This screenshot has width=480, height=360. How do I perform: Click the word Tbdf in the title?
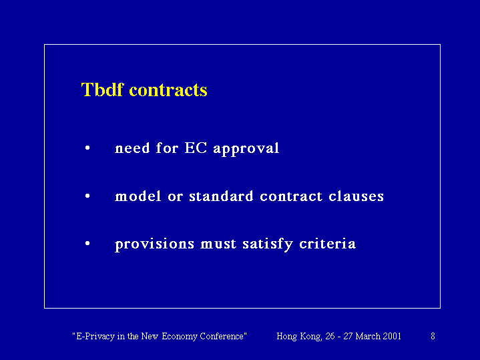point(102,89)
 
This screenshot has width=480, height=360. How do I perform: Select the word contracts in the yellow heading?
point(168,90)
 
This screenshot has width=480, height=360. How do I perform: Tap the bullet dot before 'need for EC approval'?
point(87,148)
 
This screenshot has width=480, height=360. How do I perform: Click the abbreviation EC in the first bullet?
point(196,148)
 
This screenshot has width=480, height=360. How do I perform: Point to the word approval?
point(246,149)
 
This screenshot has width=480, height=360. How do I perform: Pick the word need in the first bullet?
point(132,148)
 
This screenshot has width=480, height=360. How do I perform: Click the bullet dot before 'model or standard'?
point(87,196)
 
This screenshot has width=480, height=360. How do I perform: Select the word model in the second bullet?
point(138,196)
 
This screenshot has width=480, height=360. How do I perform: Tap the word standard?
point(221,196)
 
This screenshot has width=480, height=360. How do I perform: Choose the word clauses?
point(356,196)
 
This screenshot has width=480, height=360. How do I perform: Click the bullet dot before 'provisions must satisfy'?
point(87,244)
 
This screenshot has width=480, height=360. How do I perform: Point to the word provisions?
point(155,245)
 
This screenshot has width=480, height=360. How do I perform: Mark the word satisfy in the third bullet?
point(268,245)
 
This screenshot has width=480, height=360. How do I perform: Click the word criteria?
point(327,244)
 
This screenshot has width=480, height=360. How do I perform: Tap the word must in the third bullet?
point(218,244)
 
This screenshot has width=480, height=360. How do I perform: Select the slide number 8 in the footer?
point(433,336)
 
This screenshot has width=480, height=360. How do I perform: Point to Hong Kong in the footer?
point(299,337)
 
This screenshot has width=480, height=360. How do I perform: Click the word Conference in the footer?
point(222,336)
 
